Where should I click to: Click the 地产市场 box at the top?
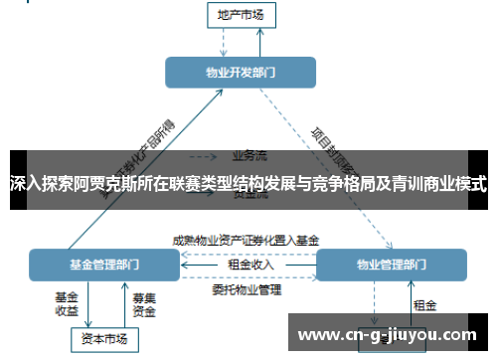[240, 14]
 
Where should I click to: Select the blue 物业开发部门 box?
[240, 73]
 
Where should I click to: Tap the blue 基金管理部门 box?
[104, 265]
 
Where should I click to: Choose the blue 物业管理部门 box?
[391, 265]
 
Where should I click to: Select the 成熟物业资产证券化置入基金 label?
[246, 240]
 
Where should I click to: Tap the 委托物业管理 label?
[247, 289]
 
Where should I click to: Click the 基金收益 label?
[67, 304]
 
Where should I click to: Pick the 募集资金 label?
[144, 304]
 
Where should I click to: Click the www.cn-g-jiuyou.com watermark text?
[387, 332]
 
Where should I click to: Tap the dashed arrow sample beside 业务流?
[203, 156]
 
